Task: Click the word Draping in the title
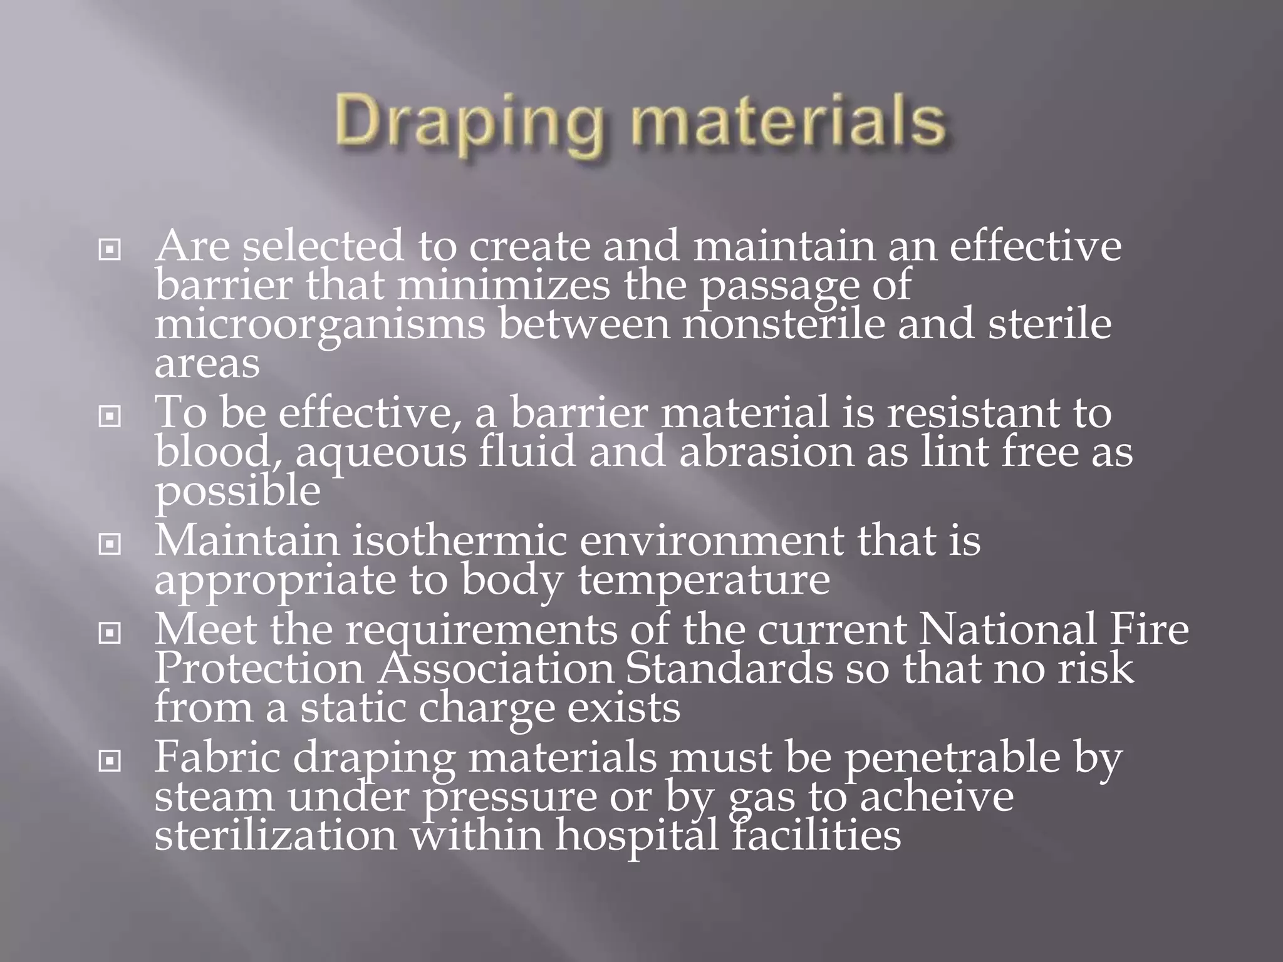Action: pos(467,122)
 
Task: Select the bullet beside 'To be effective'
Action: pos(110,416)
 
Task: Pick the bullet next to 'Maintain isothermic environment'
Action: pos(110,544)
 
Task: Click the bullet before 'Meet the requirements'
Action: pos(110,634)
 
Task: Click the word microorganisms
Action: pos(319,326)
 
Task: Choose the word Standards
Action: pos(729,669)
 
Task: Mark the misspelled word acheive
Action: pos(936,797)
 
